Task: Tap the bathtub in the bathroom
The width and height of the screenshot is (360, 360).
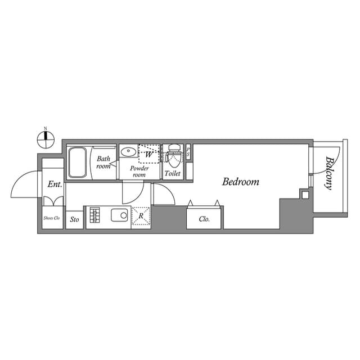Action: click(x=77, y=162)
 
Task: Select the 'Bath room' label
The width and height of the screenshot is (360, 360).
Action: click(x=103, y=163)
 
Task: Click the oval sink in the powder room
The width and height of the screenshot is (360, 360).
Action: click(x=128, y=152)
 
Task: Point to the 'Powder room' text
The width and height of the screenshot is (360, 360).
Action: click(x=139, y=172)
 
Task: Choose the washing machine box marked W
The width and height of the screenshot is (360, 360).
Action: click(x=149, y=153)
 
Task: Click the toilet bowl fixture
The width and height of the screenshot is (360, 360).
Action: click(x=173, y=152)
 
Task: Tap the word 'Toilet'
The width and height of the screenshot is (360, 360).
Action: click(x=173, y=173)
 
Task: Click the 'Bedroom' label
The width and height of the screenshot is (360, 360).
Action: click(x=240, y=182)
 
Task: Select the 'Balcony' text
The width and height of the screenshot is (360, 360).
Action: click(x=328, y=173)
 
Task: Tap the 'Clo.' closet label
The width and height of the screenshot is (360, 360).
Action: click(x=205, y=219)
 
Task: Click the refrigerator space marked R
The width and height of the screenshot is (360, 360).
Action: click(x=141, y=216)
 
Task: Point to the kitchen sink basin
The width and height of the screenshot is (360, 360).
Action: click(x=120, y=215)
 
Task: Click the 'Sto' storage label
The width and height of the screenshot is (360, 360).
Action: click(x=74, y=219)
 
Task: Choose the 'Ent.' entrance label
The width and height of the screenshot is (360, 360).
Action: click(x=55, y=184)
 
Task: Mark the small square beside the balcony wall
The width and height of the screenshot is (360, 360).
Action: click(x=305, y=195)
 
